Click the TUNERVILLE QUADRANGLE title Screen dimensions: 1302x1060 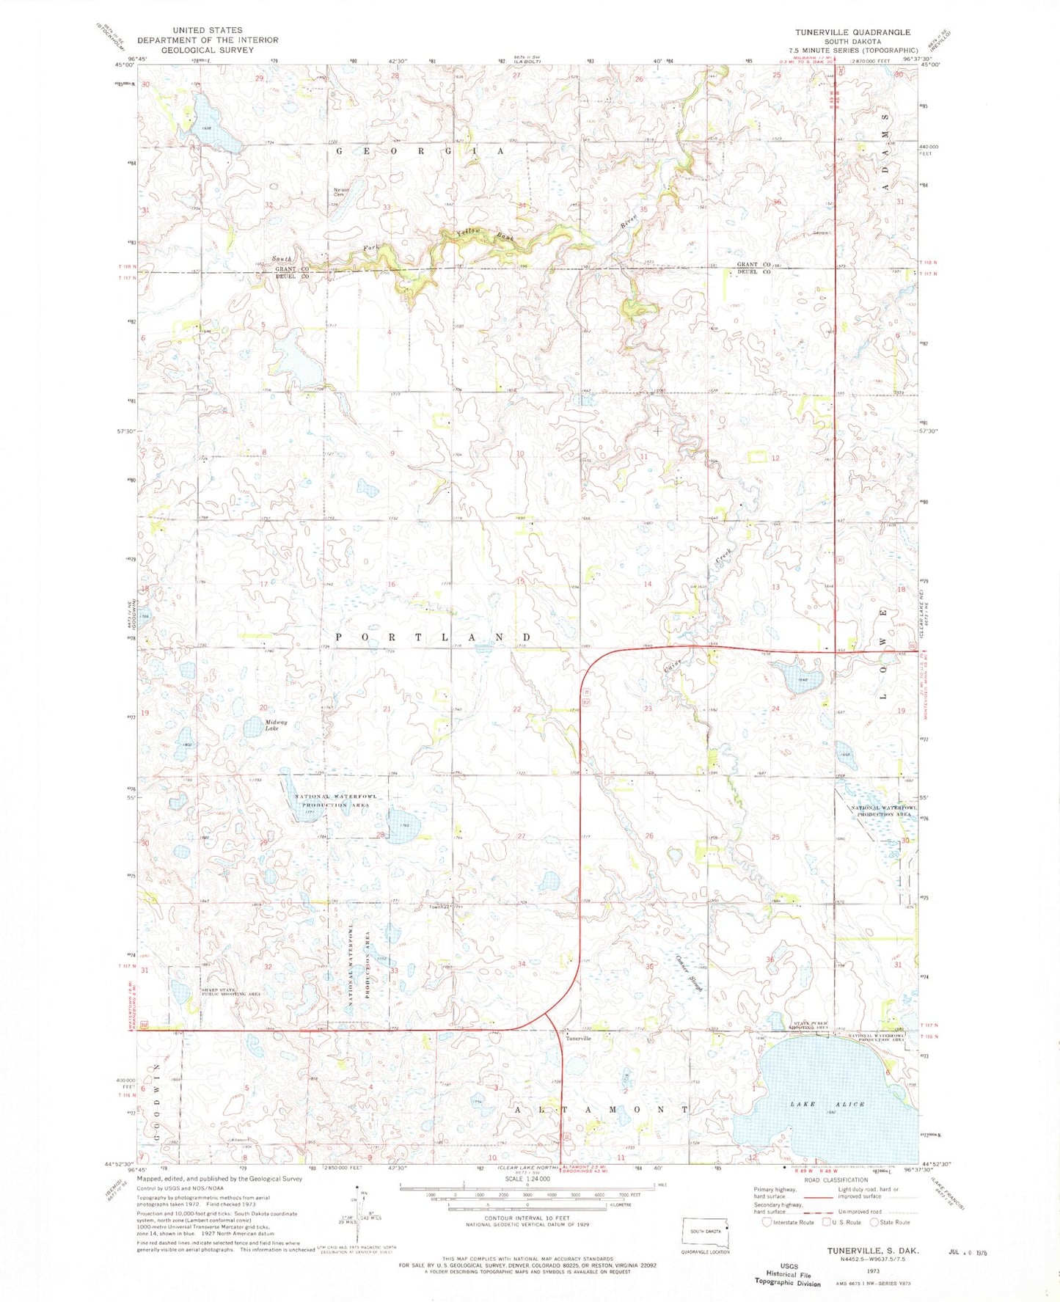point(853,32)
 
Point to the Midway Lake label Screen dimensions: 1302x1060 point(276,725)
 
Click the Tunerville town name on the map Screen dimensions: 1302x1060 point(578,1038)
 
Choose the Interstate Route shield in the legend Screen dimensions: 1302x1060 point(767,1222)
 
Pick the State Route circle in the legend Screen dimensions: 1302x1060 point(874,1222)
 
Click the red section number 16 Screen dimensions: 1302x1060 point(392,584)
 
